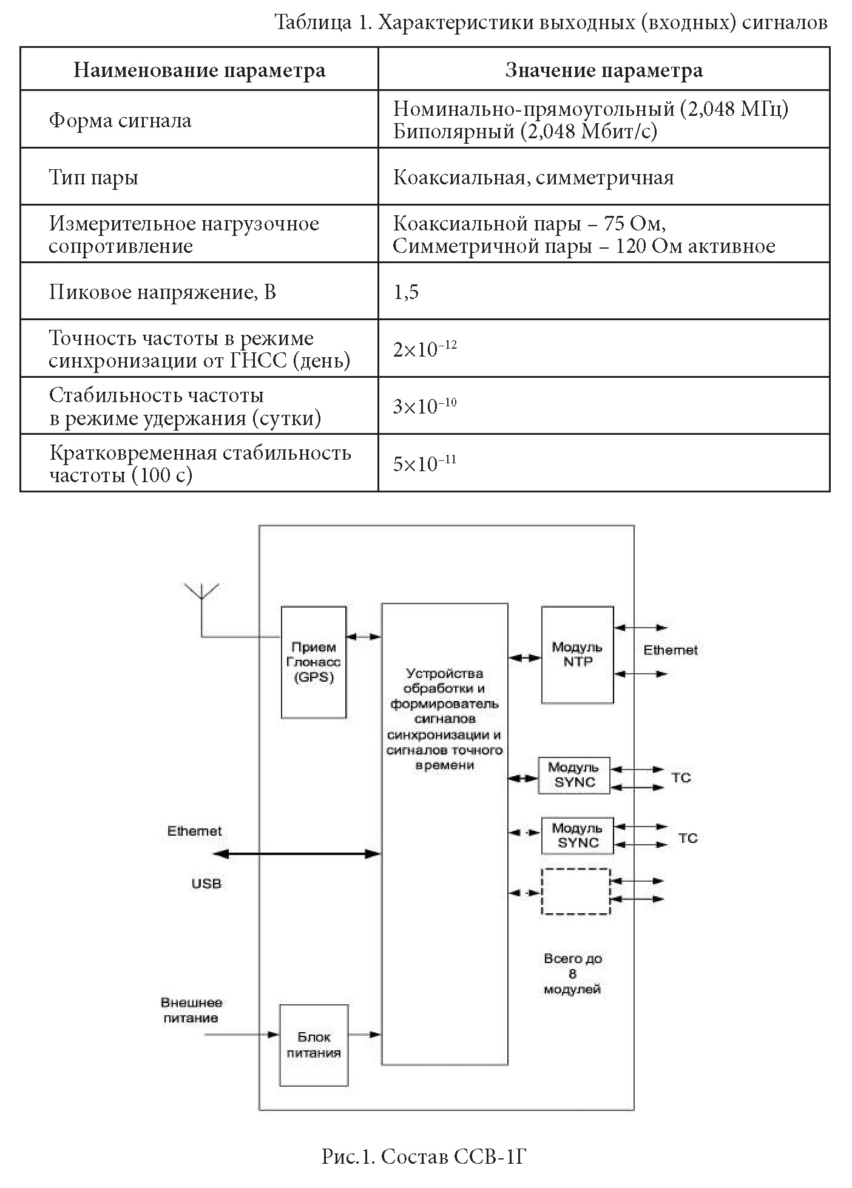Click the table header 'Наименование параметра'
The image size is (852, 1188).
coord(199,70)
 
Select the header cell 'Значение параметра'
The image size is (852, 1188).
coord(604,70)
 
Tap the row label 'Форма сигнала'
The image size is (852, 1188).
coord(120,120)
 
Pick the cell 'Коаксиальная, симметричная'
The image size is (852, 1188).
coord(533,177)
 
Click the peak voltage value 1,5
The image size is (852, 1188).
coord(406,292)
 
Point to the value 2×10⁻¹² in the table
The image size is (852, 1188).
coord(425,349)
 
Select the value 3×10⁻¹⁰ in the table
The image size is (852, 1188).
coord(425,406)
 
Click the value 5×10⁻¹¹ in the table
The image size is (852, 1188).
coord(425,463)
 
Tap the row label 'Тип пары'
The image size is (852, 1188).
coord(93,178)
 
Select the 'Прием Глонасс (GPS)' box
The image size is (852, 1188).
coord(314,662)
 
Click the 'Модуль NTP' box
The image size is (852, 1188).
coord(578,654)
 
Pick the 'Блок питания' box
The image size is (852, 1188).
coord(314,1045)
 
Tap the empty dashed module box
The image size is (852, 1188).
coord(576,891)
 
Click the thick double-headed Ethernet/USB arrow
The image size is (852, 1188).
coord(297,854)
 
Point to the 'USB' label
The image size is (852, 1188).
coord(207,884)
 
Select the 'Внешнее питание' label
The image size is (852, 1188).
coord(191,1010)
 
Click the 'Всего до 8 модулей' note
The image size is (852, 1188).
coord(573,974)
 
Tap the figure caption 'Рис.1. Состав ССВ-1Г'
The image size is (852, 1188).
coord(424,1156)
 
